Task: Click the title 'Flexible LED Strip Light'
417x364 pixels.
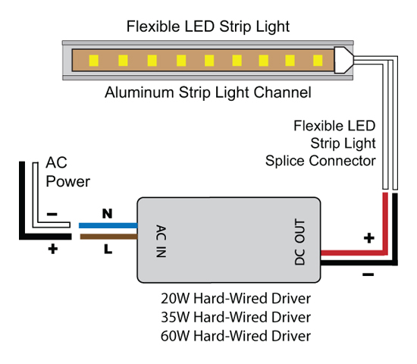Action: pyautogui.click(x=208, y=27)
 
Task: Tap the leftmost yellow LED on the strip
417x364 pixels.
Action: pyautogui.click(x=93, y=61)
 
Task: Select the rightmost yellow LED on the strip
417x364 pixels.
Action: pyautogui.click(x=318, y=61)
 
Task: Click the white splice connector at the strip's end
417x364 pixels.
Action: pyautogui.click(x=343, y=60)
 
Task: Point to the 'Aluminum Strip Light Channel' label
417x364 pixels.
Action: pyautogui.click(x=208, y=93)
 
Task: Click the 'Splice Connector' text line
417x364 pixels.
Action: pyautogui.click(x=321, y=161)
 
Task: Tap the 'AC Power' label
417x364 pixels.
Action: pyautogui.click(x=67, y=172)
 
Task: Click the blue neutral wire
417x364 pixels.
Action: pyautogui.click(x=108, y=226)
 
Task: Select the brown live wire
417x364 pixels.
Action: pyautogui.click(x=108, y=237)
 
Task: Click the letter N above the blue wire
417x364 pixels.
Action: pyautogui.click(x=107, y=214)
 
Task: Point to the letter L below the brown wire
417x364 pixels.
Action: pyautogui.click(x=108, y=249)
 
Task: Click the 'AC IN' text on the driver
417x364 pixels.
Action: pyautogui.click(x=161, y=241)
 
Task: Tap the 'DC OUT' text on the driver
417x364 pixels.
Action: pyautogui.click(x=299, y=242)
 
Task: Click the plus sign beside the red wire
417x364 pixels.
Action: pyautogui.click(x=369, y=238)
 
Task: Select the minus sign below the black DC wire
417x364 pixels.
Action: pyautogui.click(x=368, y=275)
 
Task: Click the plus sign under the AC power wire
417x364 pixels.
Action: pyautogui.click(x=53, y=249)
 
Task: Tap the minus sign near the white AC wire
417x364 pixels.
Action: pyautogui.click(x=52, y=214)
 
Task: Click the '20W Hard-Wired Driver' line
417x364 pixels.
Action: pyautogui.click(x=236, y=298)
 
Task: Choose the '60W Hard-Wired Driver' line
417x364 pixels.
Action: pyautogui.click(x=236, y=336)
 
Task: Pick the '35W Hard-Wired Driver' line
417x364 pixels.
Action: pyautogui.click(x=236, y=317)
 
